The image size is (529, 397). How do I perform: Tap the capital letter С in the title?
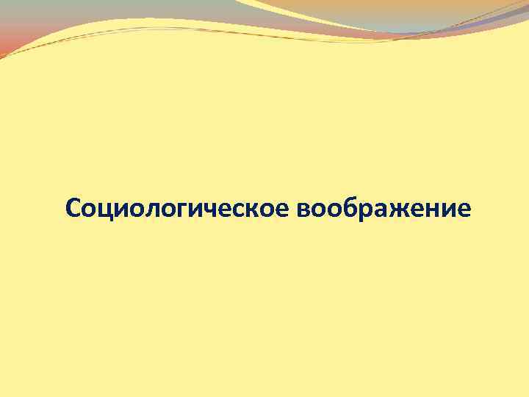(72, 209)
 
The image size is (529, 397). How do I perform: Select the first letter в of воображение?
(306, 210)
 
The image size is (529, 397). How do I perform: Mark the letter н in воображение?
(431, 210)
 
